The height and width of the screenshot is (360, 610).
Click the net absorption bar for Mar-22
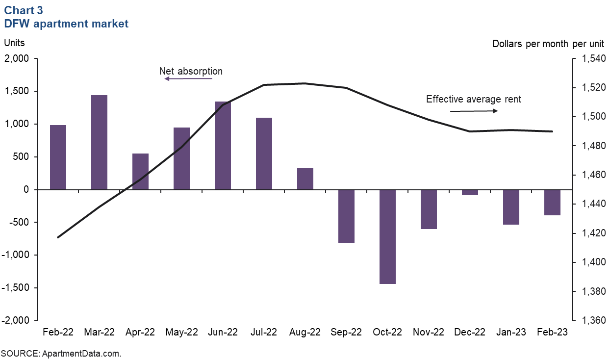tap(99, 142)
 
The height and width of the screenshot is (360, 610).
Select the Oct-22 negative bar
tap(387, 236)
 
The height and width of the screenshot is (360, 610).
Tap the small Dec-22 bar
tap(470, 192)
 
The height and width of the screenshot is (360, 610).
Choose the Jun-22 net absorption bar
tap(223, 145)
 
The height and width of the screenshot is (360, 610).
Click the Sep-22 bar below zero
tap(346, 216)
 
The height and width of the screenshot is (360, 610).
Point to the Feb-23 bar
tap(552, 202)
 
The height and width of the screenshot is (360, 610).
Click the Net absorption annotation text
tap(191, 71)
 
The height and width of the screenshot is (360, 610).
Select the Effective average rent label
tap(473, 99)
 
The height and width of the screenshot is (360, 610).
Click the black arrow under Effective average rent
tap(474, 111)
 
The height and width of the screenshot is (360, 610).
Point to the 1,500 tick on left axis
tap(18, 91)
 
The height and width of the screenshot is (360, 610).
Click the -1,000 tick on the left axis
tap(16, 255)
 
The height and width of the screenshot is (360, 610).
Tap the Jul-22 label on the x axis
tap(264, 332)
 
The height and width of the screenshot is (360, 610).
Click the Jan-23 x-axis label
tap(511, 332)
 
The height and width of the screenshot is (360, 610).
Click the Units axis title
tap(14, 43)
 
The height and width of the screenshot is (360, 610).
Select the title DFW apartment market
tap(66, 24)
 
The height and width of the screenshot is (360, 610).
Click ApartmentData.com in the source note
tap(81, 353)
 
